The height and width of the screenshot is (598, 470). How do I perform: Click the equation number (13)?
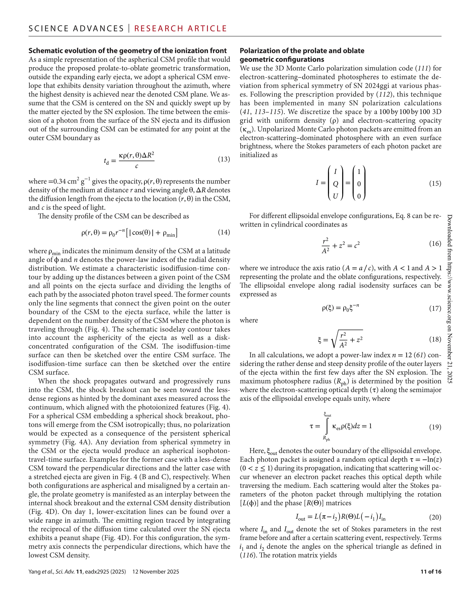(x=224, y=159)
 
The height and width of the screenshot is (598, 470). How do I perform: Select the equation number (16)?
(x=435, y=243)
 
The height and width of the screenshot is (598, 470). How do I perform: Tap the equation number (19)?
(x=435, y=427)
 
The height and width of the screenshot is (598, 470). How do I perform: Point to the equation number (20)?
(x=435, y=517)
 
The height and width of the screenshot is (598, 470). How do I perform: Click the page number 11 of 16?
(x=431, y=572)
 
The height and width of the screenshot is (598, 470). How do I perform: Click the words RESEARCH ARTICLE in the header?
(x=181, y=29)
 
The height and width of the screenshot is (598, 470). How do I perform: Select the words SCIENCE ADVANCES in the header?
(x=76, y=29)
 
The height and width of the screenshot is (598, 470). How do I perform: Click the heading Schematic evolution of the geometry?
(x=127, y=51)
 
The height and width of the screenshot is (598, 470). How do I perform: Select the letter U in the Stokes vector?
(x=336, y=196)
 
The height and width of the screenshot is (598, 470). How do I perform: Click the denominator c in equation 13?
(x=137, y=166)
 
